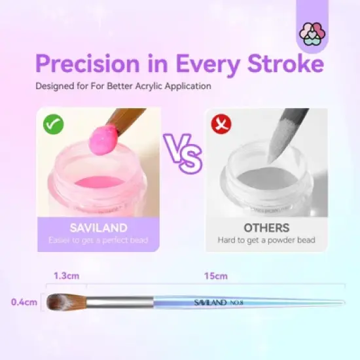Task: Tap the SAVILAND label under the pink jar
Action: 98,228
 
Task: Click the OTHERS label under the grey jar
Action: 266,228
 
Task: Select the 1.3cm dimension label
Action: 65,276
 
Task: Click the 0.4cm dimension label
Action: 22,302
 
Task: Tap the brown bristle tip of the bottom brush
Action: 62,302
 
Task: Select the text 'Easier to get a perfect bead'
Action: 98,240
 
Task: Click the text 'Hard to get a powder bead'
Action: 266,240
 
